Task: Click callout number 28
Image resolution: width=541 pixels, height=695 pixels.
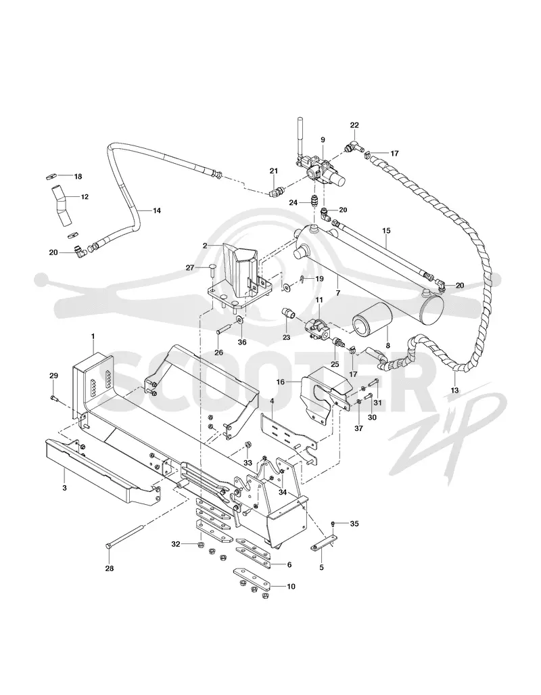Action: click(109, 568)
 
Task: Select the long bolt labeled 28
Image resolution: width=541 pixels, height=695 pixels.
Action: click(125, 537)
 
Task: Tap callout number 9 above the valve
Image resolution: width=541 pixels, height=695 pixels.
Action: click(323, 139)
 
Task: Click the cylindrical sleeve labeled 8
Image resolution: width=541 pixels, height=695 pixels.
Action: click(372, 324)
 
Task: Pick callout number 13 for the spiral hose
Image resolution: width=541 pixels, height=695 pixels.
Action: click(455, 390)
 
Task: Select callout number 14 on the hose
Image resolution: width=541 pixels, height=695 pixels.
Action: click(156, 210)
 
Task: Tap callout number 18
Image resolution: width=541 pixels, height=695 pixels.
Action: click(78, 177)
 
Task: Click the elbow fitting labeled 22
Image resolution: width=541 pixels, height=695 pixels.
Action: click(353, 147)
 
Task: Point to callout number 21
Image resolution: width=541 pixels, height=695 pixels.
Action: click(273, 171)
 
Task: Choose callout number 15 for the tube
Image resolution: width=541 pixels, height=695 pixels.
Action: click(386, 231)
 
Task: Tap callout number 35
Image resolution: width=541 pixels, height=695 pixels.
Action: click(354, 524)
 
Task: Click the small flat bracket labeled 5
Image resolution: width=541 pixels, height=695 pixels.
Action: click(323, 543)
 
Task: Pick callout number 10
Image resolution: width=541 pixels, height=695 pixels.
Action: click(291, 587)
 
